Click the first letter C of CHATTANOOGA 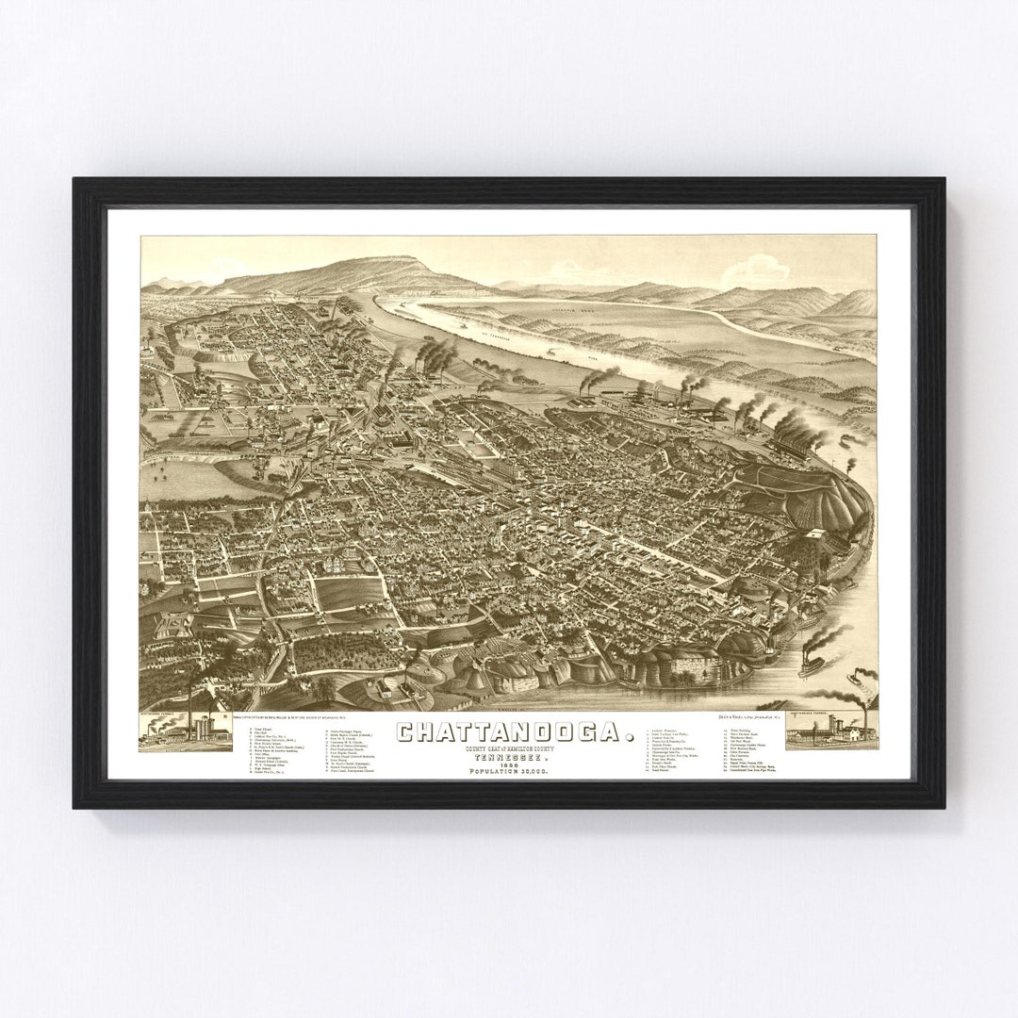point(405,731)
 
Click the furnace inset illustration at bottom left point(186,731)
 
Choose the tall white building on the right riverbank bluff point(813,547)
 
